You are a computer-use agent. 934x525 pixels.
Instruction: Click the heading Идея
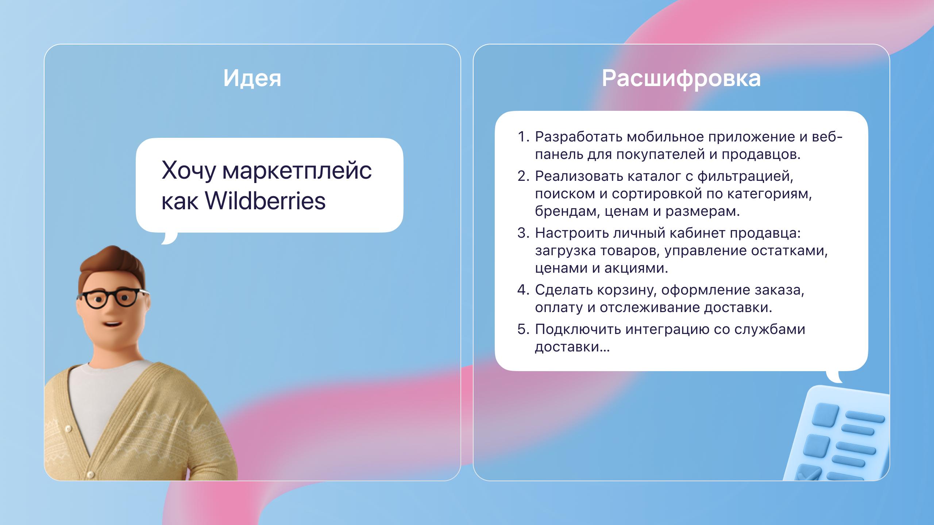coord(252,78)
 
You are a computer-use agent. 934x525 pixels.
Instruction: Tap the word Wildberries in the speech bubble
coord(265,201)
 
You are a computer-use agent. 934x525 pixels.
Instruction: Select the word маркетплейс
coord(297,170)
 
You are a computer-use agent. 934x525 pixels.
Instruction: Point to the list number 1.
coord(523,137)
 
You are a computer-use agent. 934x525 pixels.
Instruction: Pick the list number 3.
coord(523,233)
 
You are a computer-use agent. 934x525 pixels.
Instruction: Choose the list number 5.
coord(523,329)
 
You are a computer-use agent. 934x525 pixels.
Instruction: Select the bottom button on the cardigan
coord(89,474)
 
